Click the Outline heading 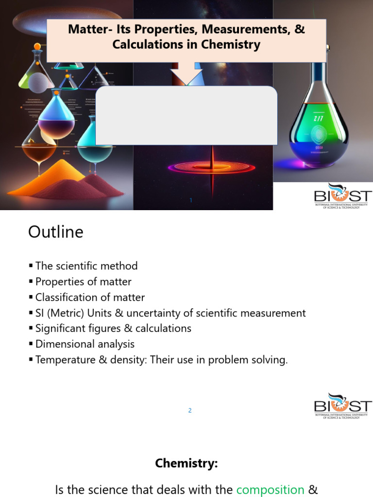pyautogui.click(x=55, y=232)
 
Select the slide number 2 pyautogui.click(x=190, y=411)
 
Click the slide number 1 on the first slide pyautogui.click(x=191, y=200)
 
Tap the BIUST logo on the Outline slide pyautogui.click(x=342, y=406)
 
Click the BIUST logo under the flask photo pyautogui.click(x=342, y=196)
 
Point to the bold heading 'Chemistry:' pyautogui.click(x=186, y=464)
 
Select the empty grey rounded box pyautogui.click(x=186, y=116)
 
